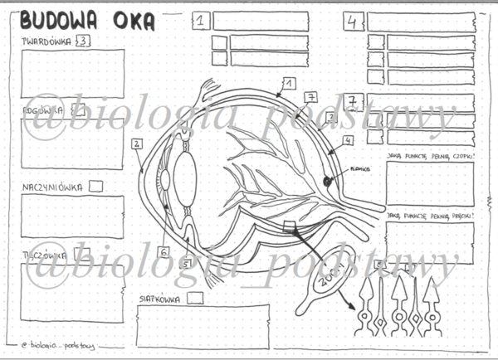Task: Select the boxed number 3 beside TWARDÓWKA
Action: [x=82, y=41]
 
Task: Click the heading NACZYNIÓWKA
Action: [x=52, y=187]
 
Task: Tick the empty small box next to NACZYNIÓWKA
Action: [x=96, y=187]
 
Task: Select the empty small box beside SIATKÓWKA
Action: [x=195, y=296]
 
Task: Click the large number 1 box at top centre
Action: [x=201, y=22]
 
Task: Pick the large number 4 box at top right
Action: [x=354, y=22]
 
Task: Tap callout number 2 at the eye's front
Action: [x=135, y=144]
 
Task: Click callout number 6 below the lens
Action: [x=164, y=252]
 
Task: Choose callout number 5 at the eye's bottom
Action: [x=187, y=264]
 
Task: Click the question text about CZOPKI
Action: [x=430, y=154]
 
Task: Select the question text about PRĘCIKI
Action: [x=430, y=215]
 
